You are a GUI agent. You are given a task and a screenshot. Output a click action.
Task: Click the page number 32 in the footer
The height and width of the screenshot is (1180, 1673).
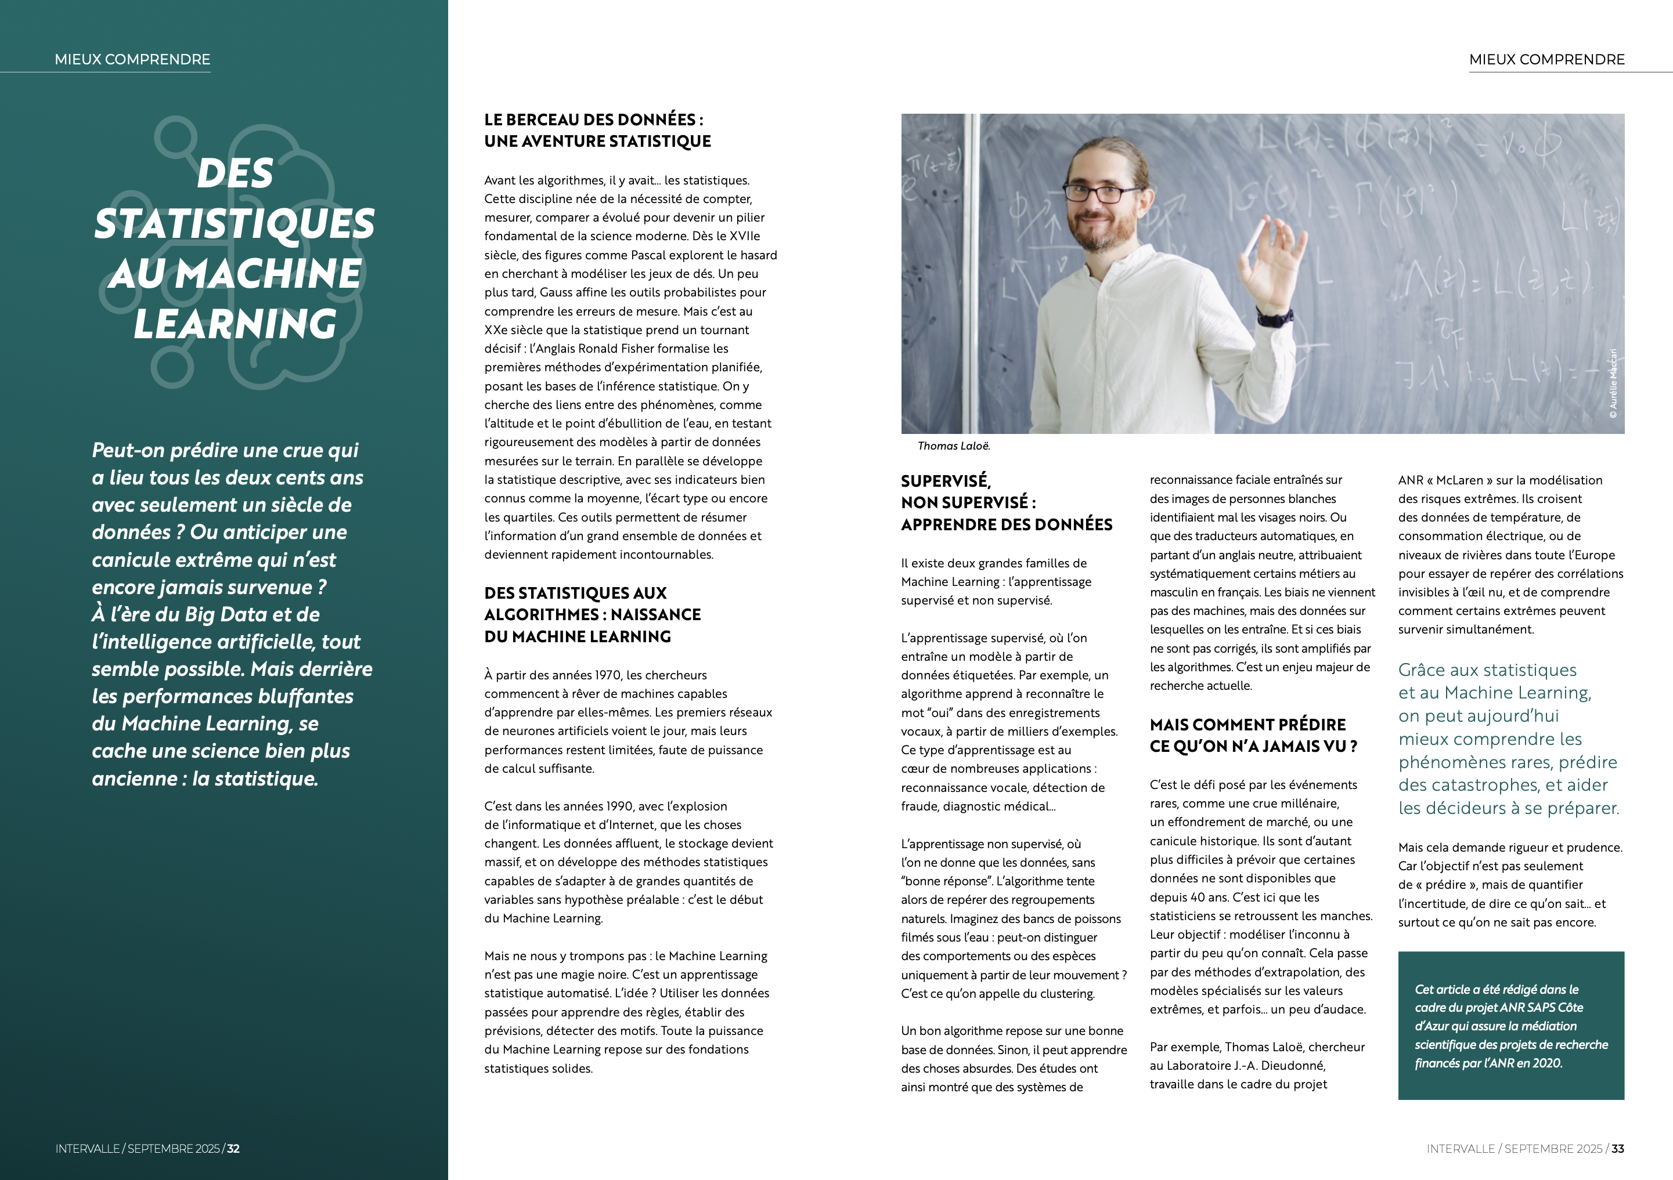(x=233, y=1149)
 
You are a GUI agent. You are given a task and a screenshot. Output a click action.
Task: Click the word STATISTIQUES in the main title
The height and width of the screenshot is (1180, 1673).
(x=234, y=223)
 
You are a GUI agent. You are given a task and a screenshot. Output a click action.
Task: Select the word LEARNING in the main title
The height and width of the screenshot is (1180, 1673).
(x=235, y=324)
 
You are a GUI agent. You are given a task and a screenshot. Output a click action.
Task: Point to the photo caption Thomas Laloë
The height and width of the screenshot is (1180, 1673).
(x=953, y=446)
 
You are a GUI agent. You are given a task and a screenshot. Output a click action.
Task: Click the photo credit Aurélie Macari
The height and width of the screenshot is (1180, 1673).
(x=1613, y=384)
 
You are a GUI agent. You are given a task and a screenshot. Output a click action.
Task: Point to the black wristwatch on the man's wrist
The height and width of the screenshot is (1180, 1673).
(x=1274, y=317)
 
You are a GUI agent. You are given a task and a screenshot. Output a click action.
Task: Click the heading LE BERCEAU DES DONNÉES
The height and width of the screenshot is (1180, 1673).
(x=593, y=120)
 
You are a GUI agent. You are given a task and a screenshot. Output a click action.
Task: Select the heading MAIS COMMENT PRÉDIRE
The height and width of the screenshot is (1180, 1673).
(x=1247, y=725)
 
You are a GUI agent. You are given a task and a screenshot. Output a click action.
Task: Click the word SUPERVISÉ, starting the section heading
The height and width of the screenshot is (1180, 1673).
(x=945, y=481)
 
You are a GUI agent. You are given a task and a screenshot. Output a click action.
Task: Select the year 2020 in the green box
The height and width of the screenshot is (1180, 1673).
(x=1547, y=1063)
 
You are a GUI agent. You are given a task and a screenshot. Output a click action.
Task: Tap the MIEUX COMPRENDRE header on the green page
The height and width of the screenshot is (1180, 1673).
(x=132, y=60)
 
